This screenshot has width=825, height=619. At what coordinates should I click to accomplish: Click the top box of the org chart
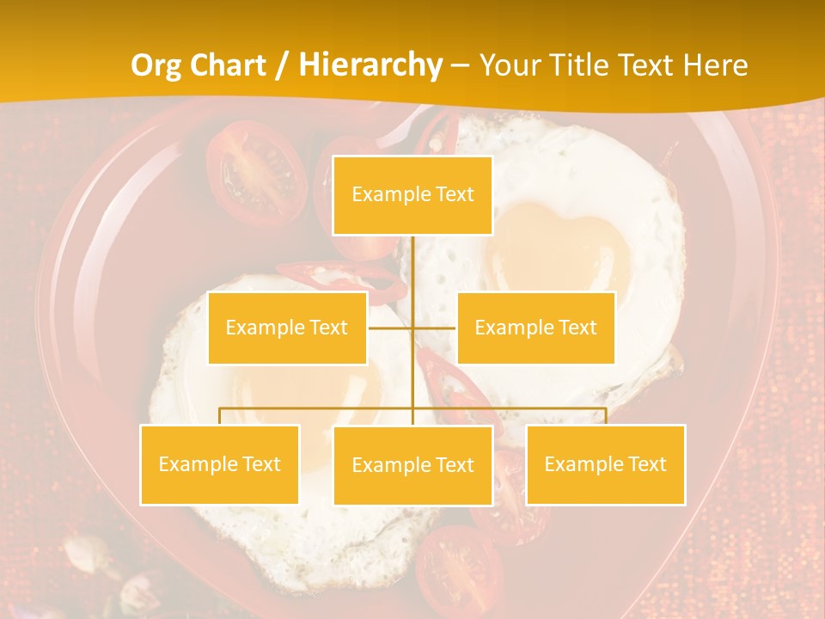click(x=412, y=195)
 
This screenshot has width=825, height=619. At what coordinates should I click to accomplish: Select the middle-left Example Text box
click(x=287, y=328)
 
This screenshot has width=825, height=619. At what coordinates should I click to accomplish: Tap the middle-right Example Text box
click(x=535, y=328)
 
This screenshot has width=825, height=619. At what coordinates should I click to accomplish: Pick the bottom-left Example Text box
click(x=219, y=464)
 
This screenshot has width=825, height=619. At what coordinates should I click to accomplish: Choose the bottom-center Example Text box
click(x=412, y=465)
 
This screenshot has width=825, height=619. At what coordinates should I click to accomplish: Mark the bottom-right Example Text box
click(x=605, y=464)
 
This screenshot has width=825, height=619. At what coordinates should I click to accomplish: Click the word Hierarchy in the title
click(x=370, y=65)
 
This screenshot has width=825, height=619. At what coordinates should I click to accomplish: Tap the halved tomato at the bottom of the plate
click(x=459, y=568)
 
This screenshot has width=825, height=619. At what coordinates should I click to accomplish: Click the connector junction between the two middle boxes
click(x=412, y=328)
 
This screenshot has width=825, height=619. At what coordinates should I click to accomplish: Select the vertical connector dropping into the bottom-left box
click(x=220, y=416)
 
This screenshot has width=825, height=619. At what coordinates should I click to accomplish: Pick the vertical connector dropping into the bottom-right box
click(x=606, y=416)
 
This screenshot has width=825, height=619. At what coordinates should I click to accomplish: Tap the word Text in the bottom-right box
click(x=646, y=464)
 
